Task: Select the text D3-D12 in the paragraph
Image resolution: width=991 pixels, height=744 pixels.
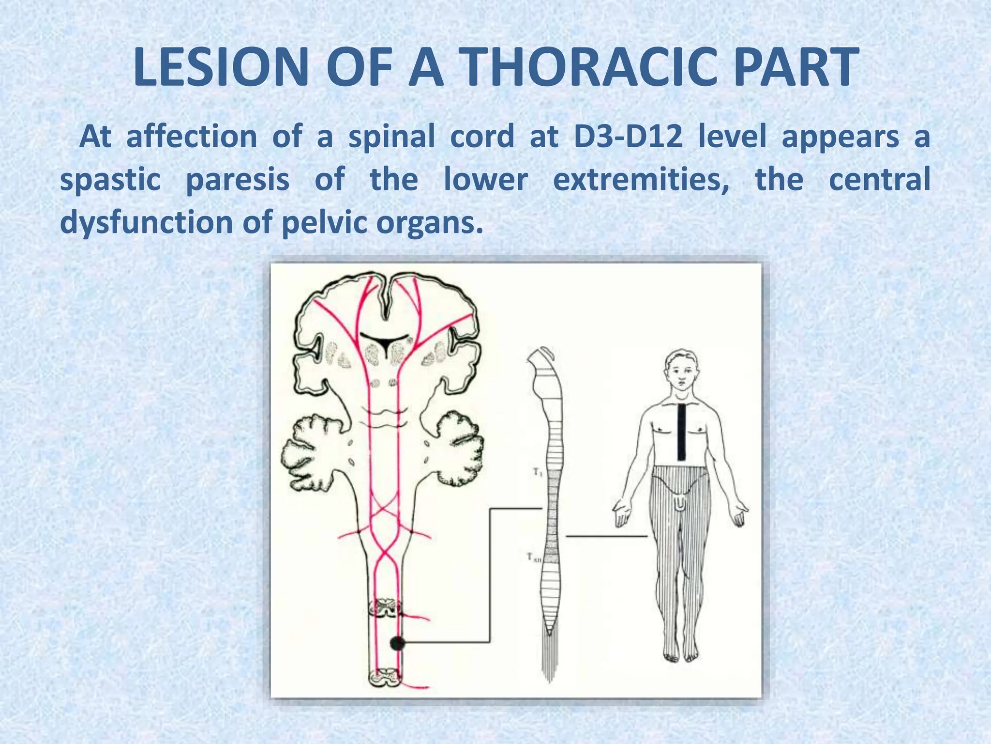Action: point(628,137)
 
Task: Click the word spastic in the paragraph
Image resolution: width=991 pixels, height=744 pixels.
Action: point(110,180)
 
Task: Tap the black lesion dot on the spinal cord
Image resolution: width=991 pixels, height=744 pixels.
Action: point(397,643)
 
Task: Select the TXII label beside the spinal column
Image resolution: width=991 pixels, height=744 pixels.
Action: point(534,558)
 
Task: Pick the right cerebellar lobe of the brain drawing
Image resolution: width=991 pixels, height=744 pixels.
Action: point(457,443)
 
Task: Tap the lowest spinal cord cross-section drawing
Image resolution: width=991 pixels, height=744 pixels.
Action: point(386,677)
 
